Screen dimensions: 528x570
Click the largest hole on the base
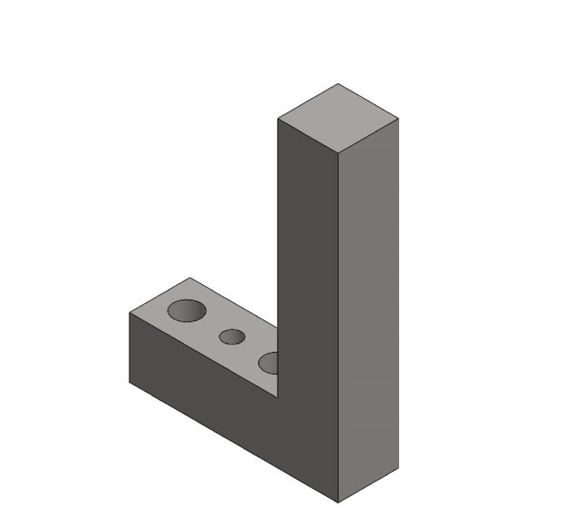pyautogui.click(x=186, y=310)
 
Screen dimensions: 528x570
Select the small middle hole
pyautogui.click(x=232, y=337)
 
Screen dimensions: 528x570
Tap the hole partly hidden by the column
pyautogui.click(x=269, y=363)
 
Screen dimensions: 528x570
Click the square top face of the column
pyautogui.click(x=338, y=118)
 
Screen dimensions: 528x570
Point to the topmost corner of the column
pyautogui.click(x=338, y=83)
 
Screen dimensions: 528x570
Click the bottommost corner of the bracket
pyautogui.click(x=338, y=503)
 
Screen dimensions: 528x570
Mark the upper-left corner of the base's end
pyautogui.click(x=130, y=313)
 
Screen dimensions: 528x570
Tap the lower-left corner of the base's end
pyautogui.click(x=130, y=382)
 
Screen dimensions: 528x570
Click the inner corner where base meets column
pyautogui.click(x=278, y=398)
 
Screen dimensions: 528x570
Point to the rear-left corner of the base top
pyautogui.click(x=191, y=278)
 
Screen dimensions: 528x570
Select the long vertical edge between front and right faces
pyautogui.click(x=338, y=326)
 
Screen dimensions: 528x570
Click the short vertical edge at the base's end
pyautogui.click(x=130, y=348)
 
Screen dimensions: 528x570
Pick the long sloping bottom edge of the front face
pyautogui.click(x=235, y=442)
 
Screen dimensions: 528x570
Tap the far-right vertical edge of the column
pyautogui.click(x=398, y=293)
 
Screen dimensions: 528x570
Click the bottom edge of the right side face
pyautogui.click(x=368, y=486)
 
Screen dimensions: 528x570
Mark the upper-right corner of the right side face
pyautogui.click(x=398, y=119)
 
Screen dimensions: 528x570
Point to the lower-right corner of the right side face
pyautogui.click(x=398, y=468)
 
